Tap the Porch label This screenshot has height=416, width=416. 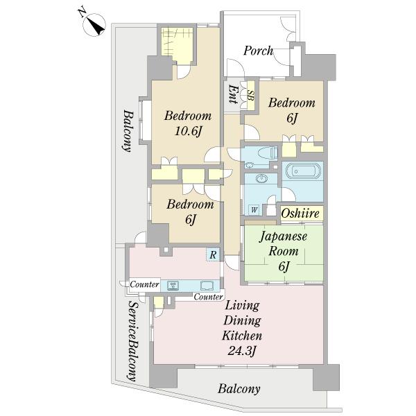coord(258,51)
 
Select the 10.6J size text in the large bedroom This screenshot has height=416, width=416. coord(188,131)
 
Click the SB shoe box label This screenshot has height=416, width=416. coord(250,95)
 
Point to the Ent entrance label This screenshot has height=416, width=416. coord(233,94)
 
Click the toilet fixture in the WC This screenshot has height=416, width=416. coord(268,153)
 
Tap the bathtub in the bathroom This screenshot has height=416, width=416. coord(303,171)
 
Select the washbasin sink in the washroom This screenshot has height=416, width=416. coord(262,178)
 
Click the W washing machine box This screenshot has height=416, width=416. coord(254,210)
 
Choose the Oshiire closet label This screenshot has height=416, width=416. coord(300,213)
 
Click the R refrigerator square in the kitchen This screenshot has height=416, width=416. coord(213,254)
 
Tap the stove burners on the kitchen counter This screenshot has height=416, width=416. coord(173,286)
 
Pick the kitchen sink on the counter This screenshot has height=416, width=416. coord(207,286)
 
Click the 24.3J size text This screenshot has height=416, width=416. coord(242,352)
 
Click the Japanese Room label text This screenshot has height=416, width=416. coord(284,243)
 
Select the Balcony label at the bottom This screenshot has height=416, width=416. coord(239,389)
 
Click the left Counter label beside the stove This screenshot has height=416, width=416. coord(145,284)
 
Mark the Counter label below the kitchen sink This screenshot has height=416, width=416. coord(208,297)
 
